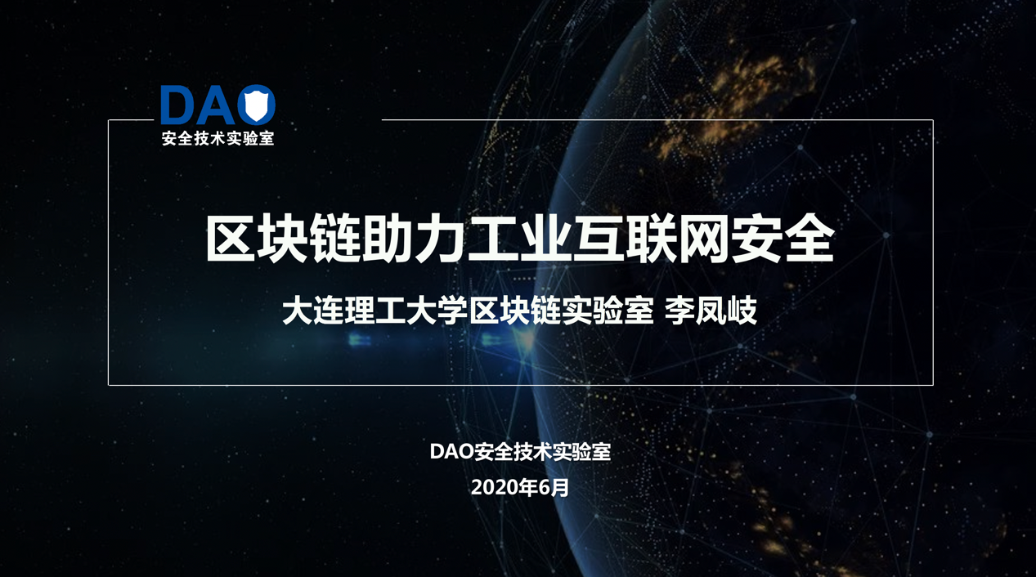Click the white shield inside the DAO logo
pos(256,106)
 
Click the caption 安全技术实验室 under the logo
pos(218,138)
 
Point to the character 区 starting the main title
pos(231,239)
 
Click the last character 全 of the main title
pos(808,239)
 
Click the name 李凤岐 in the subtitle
pos(711,311)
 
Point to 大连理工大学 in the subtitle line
pos(374,311)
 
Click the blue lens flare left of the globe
pos(359,341)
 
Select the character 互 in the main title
pos(598,239)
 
